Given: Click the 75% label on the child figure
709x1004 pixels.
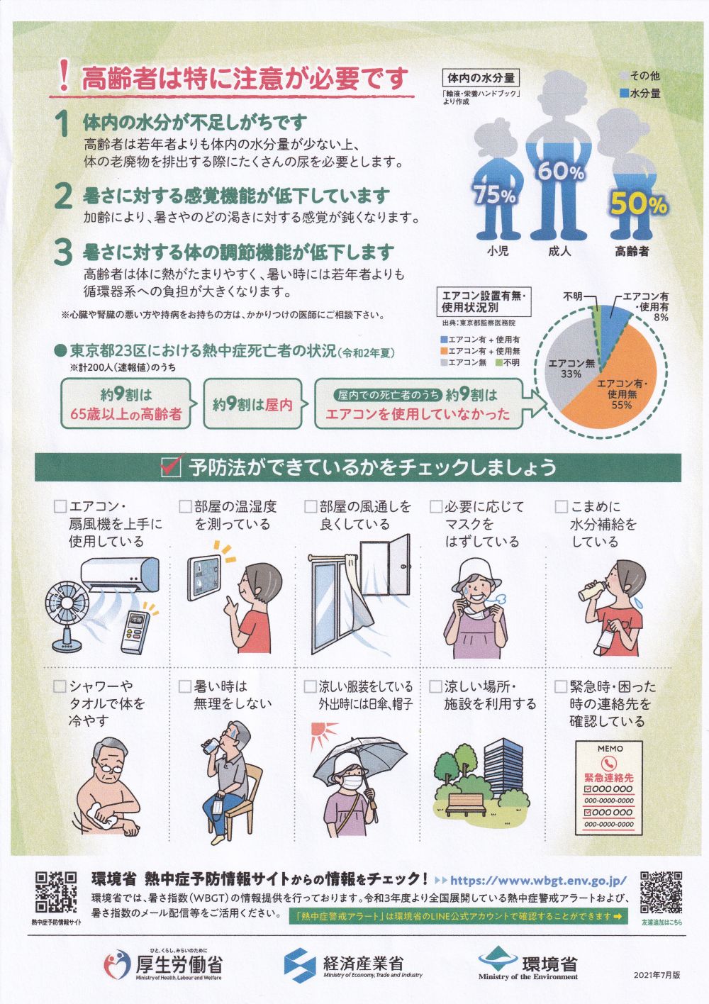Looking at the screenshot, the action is click(495, 195).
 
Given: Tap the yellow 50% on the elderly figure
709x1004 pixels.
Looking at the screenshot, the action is click(639, 204).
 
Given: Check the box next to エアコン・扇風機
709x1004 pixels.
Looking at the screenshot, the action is click(60, 506).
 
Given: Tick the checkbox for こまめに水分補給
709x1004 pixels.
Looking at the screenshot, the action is click(561, 506).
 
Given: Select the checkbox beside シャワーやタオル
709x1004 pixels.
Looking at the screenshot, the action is click(60, 686).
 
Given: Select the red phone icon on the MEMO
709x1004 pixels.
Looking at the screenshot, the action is click(608, 764).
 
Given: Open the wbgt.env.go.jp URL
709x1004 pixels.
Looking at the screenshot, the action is click(538, 881).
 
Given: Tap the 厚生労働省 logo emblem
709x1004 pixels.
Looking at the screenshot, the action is click(117, 963).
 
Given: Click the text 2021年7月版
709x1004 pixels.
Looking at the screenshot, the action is click(657, 974).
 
